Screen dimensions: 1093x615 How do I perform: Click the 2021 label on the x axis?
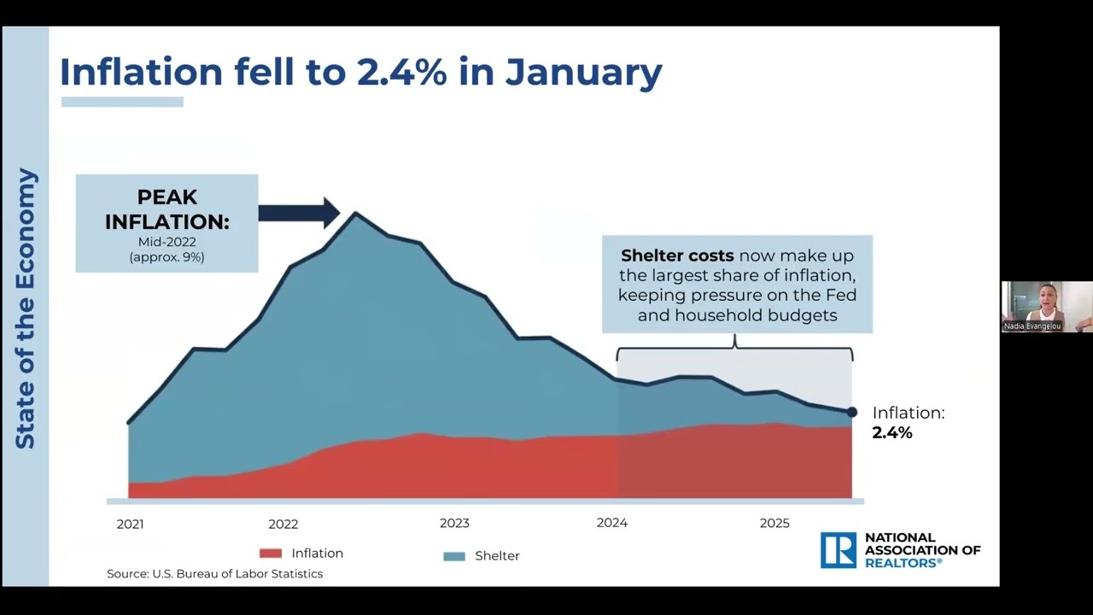(x=131, y=524)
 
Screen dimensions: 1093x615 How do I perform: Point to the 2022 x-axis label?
(x=283, y=524)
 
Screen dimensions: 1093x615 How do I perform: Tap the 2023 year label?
(x=454, y=524)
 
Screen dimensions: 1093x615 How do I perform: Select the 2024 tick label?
(x=612, y=523)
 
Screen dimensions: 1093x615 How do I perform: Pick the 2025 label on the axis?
(x=774, y=524)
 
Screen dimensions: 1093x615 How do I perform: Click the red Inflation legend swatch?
(x=271, y=553)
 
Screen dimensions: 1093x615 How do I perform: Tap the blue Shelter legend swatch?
(x=453, y=556)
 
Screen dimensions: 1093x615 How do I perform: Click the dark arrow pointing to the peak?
(x=299, y=213)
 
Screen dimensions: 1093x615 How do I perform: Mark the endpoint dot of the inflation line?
(x=851, y=413)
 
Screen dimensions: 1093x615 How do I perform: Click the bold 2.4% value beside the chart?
(x=892, y=433)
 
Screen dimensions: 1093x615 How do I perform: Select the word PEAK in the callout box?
(x=167, y=197)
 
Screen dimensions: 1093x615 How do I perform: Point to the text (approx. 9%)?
(x=167, y=257)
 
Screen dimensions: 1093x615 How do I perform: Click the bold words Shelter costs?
(x=677, y=255)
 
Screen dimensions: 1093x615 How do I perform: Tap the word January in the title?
(x=583, y=73)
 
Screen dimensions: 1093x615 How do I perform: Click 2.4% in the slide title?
(x=401, y=73)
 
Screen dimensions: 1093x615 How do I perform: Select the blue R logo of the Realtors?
(x=839, y=550)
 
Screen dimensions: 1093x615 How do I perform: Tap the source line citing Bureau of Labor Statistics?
(x=214, y=574)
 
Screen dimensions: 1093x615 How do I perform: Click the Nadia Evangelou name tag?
(x=1032, y=326)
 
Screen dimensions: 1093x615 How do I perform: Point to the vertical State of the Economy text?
(x=25, y=308)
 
